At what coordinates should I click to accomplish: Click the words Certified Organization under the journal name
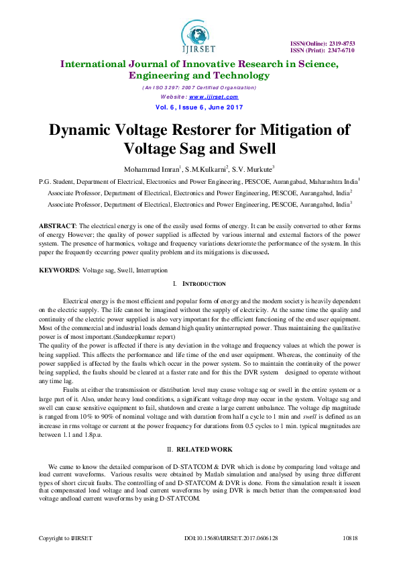point(227,88)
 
